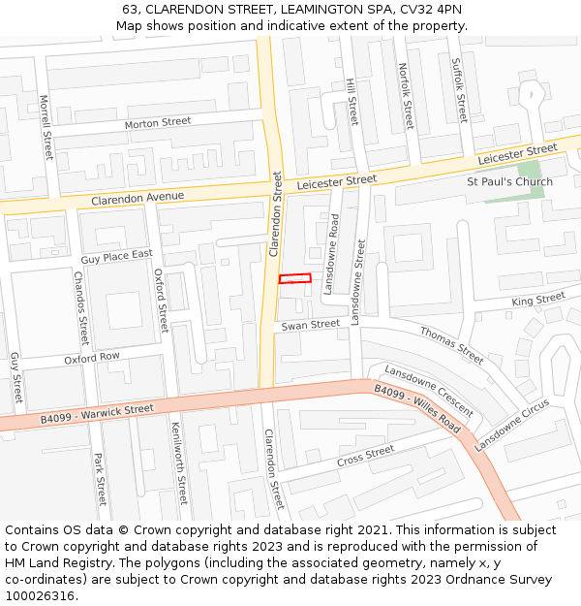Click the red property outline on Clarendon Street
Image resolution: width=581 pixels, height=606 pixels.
pyautogui.click(x=295, y=279)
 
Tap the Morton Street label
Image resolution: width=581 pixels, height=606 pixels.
pyautogui.click(x=158, y=123)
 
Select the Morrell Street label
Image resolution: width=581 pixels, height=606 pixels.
pyautogui.click(x=46, y=127)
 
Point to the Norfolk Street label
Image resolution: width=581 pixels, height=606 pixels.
pyautogui.click(x=405, y=96)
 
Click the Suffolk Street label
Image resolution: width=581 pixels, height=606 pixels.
pyautogui.click(x=459, y=88)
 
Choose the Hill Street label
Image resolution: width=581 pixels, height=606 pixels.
pyautogui.click(x=352, y=102)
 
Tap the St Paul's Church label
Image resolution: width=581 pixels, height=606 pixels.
pyautogui.click(x=509, y=181)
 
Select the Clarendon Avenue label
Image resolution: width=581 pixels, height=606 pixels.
pyautogui.click(x=138, y=198)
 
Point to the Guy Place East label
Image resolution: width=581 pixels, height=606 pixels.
pyautogui.click(x=117, y=256)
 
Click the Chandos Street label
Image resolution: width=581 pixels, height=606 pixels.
pyautogui.click(x=81, y=308)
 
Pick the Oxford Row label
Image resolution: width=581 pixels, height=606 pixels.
pyautogui.click(x=92, y=358)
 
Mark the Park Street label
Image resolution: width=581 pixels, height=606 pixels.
pyautogui.click(x=100, y=479)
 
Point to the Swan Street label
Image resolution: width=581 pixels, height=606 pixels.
pyautogui.click(x=311, y=325)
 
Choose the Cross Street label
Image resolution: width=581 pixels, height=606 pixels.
pyautogui.click(x=366, y=456)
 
